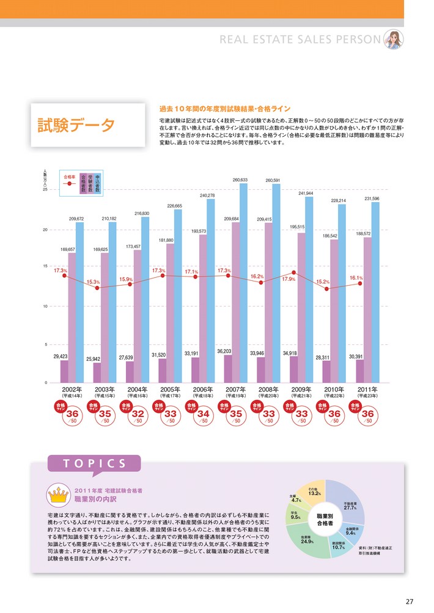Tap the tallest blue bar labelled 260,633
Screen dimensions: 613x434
point(244,281)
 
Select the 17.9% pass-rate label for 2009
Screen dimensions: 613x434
point(289,279)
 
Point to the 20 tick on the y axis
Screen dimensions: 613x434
point(46,230)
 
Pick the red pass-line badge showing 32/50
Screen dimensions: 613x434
point(138,415)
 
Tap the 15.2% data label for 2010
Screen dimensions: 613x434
point(322,282)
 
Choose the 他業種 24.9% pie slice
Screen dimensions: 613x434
point(307,540)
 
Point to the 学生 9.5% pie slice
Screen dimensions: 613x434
point(296,515)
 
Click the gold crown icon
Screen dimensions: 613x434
point(59,495)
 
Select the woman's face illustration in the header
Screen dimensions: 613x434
point(393,39)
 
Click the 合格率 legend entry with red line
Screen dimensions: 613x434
point(69,179)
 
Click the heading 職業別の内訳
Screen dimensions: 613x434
point(94,499)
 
